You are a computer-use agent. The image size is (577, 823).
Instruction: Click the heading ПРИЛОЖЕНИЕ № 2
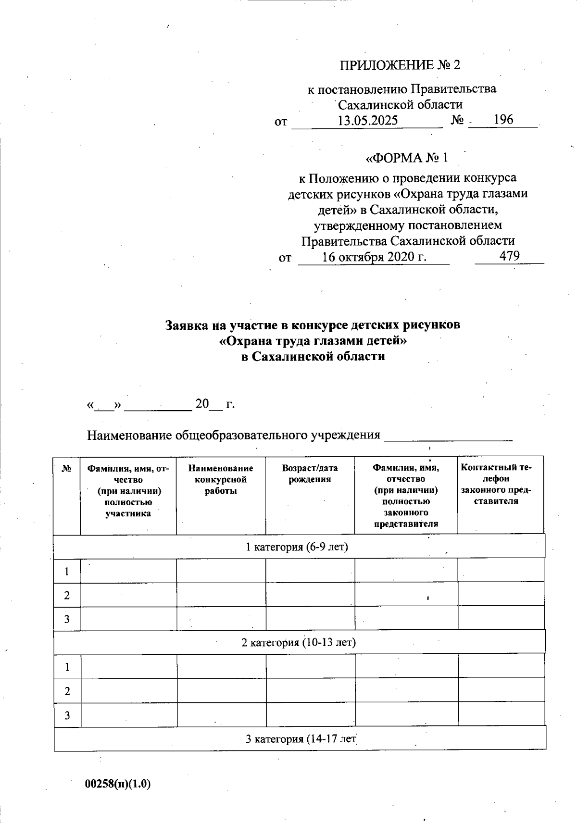coord(400,65)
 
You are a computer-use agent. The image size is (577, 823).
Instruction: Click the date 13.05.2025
coord(367,120)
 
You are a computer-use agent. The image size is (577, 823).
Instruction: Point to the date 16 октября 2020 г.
coord(374,256)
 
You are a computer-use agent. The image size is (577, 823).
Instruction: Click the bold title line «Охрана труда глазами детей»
coord(313,341)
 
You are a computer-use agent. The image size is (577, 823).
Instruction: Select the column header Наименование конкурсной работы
coord(221,479)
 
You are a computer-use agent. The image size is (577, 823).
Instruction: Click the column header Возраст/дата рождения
coord(310,474)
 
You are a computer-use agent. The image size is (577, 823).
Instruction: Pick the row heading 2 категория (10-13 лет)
coord(298,642)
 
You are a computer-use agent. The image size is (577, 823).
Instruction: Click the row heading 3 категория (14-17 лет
coord(301,739)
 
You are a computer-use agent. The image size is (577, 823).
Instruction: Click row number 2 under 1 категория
coord(67,595)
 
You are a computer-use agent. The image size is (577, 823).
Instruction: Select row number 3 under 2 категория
coord(67,715)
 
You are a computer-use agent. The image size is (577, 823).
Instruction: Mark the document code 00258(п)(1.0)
coord(118,784)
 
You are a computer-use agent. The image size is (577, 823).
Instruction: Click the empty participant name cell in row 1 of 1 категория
coord(128,571)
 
